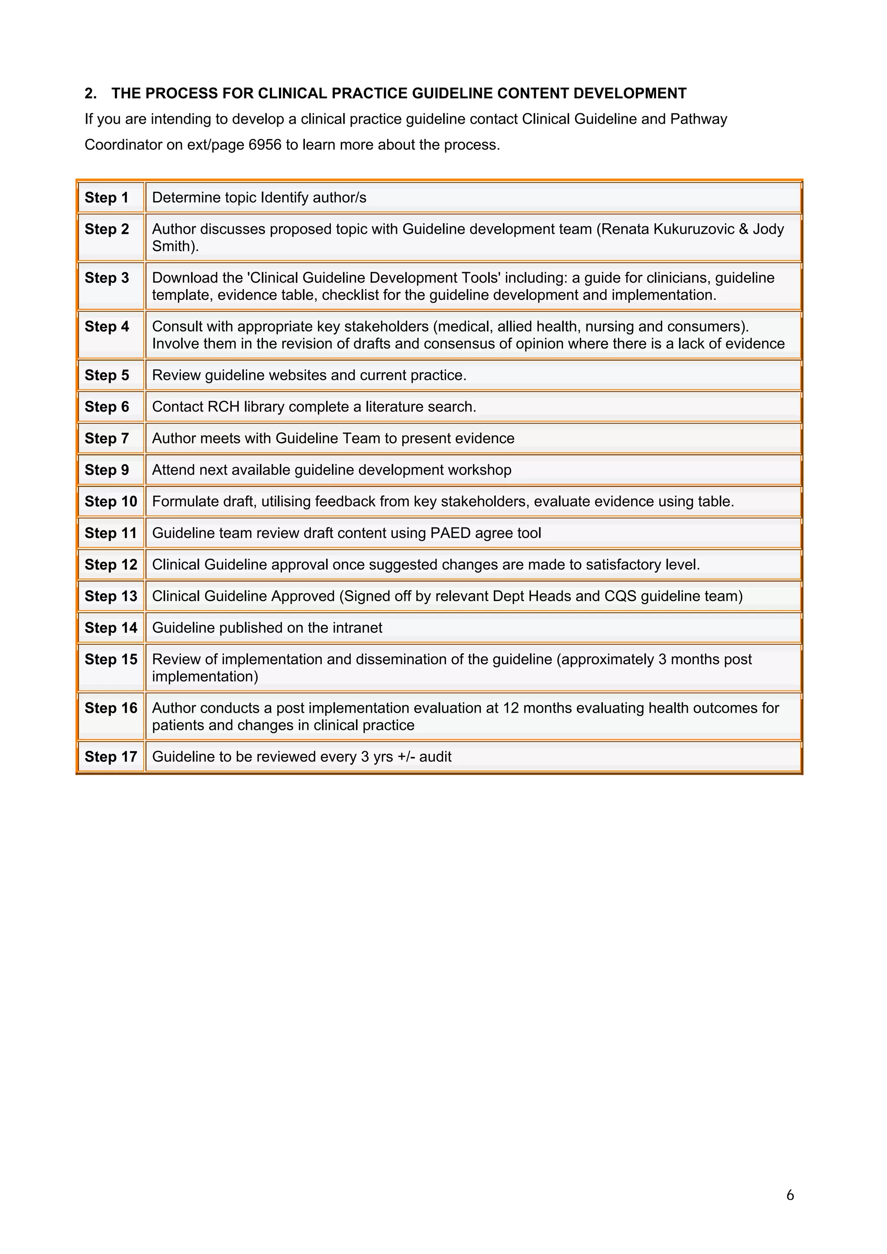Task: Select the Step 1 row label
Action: click(107, 198)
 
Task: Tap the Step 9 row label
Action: click(107, 470)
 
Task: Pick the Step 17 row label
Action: click(110, 757)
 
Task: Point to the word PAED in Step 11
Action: click(450, 533)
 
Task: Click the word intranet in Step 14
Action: click(356, 628)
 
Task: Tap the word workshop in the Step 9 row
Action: click(481, 470)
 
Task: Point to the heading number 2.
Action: click(90, 93)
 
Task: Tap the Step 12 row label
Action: click(110, 565)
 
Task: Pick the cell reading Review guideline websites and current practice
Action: click(309, 376)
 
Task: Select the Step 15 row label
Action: click(110, 660)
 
